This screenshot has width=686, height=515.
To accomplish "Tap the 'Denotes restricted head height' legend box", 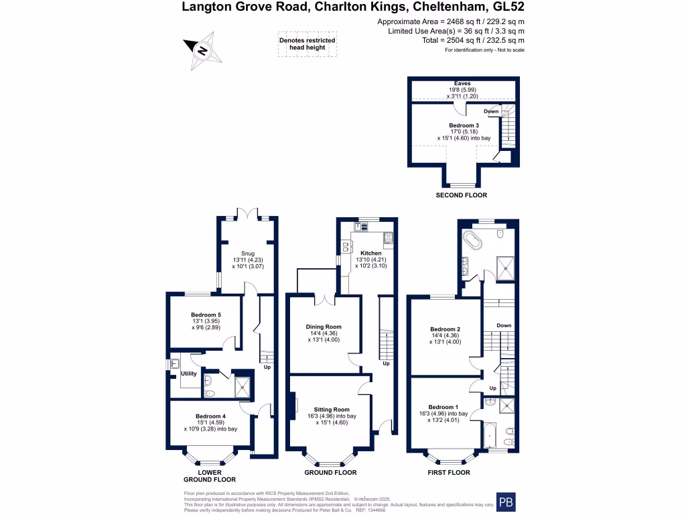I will click(307, 44).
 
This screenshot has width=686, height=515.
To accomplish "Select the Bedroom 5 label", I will click(206, 314).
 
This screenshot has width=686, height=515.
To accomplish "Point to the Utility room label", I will click(188, 374).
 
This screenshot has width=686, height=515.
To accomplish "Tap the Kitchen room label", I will click(370, 253).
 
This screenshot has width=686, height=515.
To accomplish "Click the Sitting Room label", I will click(332, 409).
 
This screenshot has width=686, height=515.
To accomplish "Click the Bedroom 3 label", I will click(464, 125).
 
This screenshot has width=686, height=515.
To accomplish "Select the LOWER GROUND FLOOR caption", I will click(210, 476).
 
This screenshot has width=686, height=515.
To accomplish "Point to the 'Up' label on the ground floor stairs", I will click(386, 363).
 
